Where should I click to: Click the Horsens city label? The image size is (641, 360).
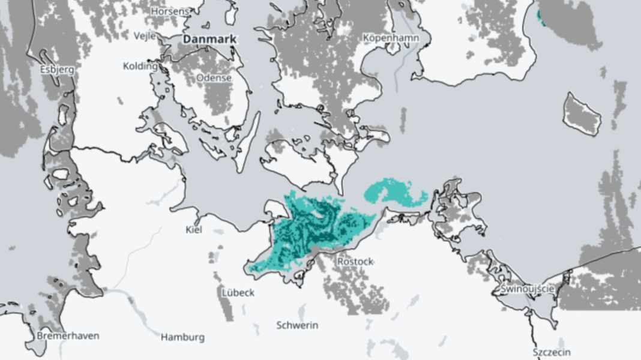tap(169, 11)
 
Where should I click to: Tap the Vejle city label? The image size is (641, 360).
tap(145, 35)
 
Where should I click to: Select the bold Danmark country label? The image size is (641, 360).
tap(210, 39)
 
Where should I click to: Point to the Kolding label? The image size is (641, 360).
tap(140, 66)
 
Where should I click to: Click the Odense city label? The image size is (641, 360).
tap(214, 78)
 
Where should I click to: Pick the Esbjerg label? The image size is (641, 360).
tap(58, 69)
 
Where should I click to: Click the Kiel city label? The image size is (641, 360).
tap(194, 230)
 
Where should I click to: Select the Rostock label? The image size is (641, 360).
tap(355, 262)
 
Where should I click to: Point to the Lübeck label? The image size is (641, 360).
tap(238, 293)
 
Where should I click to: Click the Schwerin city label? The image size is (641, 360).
tap(297, 325)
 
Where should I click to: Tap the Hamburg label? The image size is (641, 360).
tap(182, 337)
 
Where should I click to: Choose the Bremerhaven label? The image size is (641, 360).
tap(68, 335)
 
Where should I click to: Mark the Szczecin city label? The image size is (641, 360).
tap(552, 352)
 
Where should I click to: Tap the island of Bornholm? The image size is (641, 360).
tap(582, 114)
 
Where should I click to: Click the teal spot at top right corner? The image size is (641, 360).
tap(542, 17)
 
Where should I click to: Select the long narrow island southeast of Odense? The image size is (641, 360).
tap(248, 141)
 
